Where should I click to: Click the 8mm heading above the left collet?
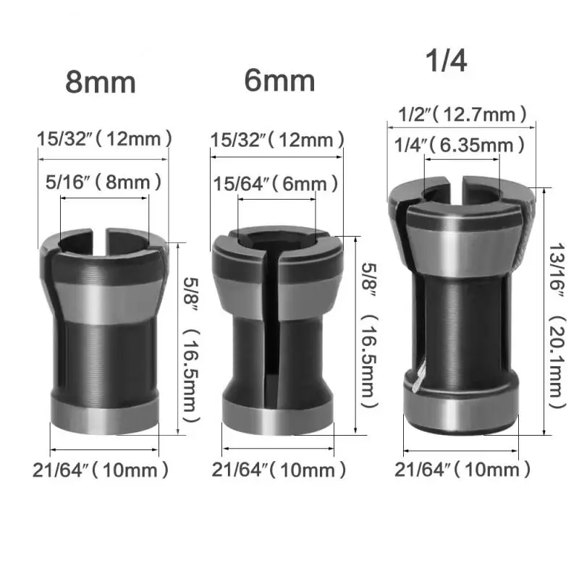coord(101,83)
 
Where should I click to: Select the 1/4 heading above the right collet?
coord(447,60)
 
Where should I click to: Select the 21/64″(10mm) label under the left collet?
coord(101,470)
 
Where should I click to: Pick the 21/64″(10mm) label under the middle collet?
coord(279,470)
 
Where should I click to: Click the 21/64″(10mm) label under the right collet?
coord(462,470)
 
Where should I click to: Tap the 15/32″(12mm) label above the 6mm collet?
coord(278,140)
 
